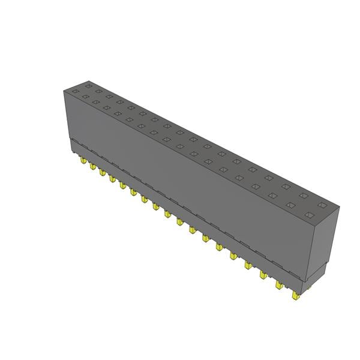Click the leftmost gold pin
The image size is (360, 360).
[80, 160]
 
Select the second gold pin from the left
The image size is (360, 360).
[93, 167]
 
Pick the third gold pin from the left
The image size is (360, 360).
[103, 173]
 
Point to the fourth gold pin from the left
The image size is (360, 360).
[112, 179]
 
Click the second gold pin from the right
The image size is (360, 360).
[280, 285]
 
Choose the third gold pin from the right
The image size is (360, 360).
[263, 275]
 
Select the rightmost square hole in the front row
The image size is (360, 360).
[308, 215]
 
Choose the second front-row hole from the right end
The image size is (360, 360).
[291, 205]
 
